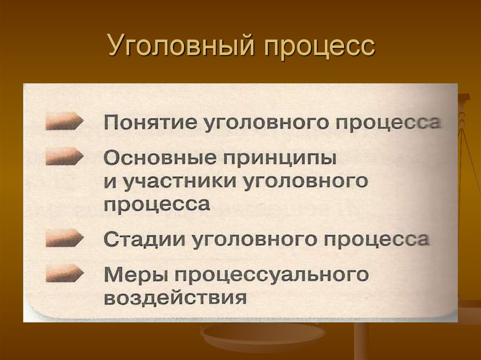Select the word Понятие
point(151,123)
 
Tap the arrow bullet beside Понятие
point(64,121)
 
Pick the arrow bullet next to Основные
point(64,156)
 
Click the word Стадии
point(145,239)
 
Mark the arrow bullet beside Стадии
point(64,238)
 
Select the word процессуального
point(272,275)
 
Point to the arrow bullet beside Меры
point(64,273)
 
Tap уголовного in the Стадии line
point(254,240)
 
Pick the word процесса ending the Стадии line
point(376,240)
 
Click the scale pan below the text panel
point(262,334)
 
